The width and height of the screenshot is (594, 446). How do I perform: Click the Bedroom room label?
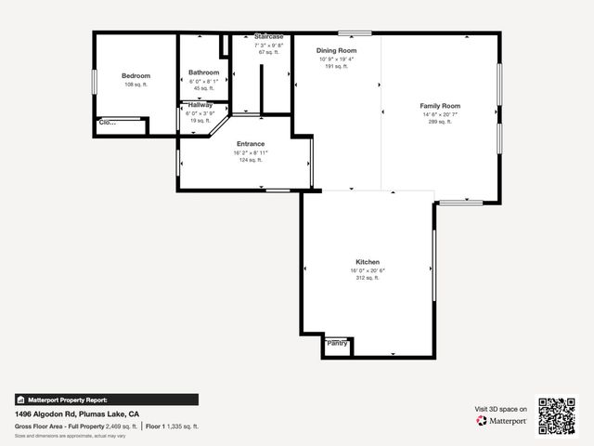pyautogui.click(x=136, y=76)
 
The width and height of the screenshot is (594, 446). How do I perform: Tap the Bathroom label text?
pyautogui.click(x=203, y=72)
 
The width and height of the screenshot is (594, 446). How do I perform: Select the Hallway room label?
pyautogui.click(x=200, y=105)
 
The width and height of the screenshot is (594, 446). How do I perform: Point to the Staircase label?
pyautogui.click(x=269, y=36)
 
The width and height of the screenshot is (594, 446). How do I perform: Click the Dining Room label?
pyautogui.click(x=336, y=50)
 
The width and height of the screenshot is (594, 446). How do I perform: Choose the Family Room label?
pyautogui.click(x=440, y=106)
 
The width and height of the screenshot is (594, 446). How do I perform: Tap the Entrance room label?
pyautogui.click(x=251, y=144)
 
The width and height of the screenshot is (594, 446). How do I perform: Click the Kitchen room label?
pyautogui.click(x=368, y=262)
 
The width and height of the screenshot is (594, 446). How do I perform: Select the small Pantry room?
pyautogui.click(x=337, y=344)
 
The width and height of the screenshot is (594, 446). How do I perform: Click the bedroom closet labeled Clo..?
pyautogui.click(x=108, y=122)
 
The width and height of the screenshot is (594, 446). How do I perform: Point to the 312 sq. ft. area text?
pyautogui.click(x=368, y=278)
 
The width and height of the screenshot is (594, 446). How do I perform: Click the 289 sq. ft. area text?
pyautogui.click(x=440, y=122)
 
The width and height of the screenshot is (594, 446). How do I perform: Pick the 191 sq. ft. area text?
pyautogui.click(x=336, y=67)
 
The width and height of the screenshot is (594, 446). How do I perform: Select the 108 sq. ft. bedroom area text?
pyautogui.click(x=136, y=85)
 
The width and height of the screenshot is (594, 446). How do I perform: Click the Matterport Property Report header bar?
pyautogui.click(x=106, y=400)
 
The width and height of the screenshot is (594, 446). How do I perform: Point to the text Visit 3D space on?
pyautogui.click(x=501, y=409)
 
